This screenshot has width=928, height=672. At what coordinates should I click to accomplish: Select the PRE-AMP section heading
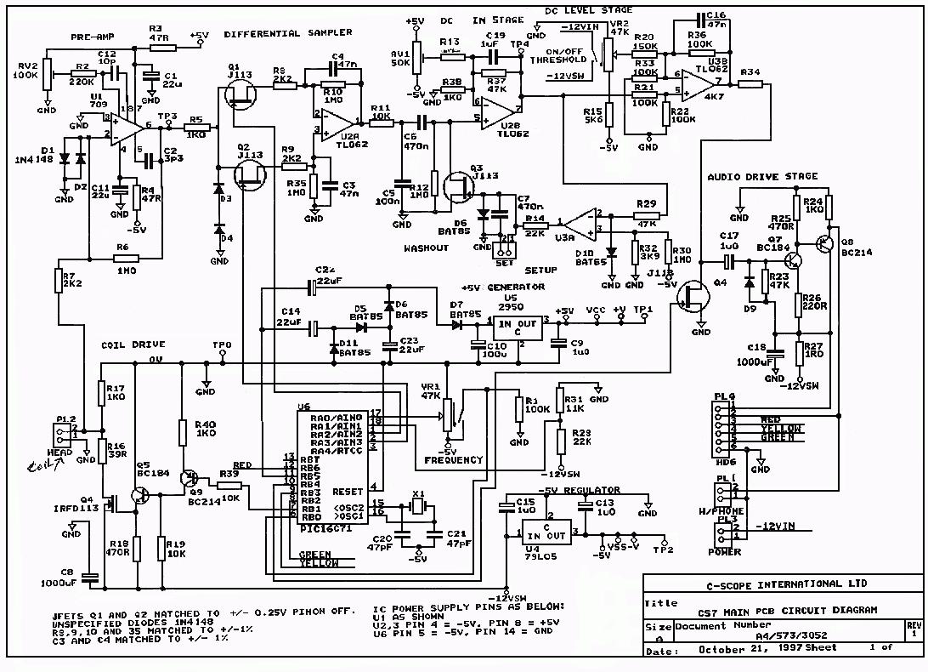tap(91, 37)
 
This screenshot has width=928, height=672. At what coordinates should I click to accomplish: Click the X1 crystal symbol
tap(417, 507)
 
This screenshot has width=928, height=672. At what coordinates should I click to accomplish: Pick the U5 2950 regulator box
tap(518, 328)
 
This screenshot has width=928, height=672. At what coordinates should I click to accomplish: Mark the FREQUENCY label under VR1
tap(453, 460)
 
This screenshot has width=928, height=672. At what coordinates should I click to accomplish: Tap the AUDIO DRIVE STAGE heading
tap(762, 177)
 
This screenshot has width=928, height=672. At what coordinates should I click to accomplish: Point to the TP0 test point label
tap(220, 345)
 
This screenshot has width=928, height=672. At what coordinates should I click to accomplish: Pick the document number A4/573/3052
tap(761, 635)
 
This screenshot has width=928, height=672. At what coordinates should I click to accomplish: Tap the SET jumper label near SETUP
tap(490, 261)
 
